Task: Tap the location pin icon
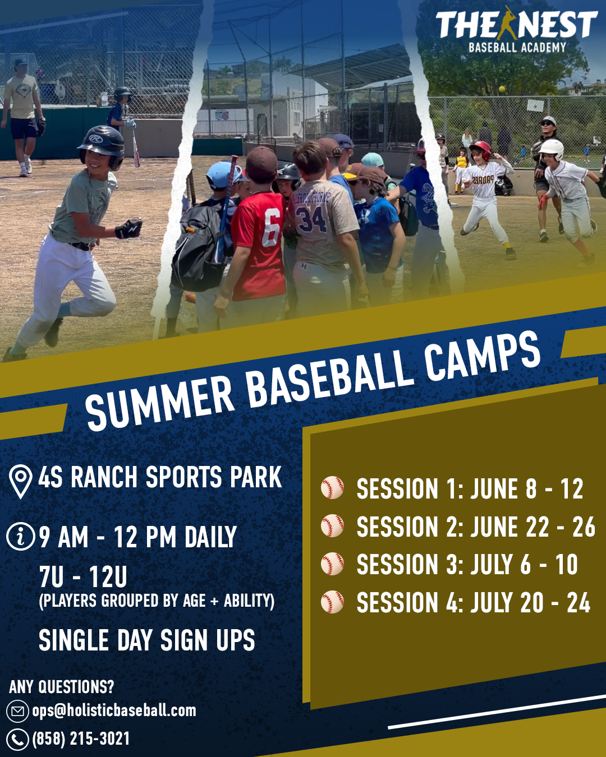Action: click(20, 481)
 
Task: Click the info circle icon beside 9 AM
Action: click(20, 536)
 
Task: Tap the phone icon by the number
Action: click(17, 740)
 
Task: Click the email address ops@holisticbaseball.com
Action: click(114, 711)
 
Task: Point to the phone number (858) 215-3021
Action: click(81, 738)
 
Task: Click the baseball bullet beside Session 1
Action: click(332, 488)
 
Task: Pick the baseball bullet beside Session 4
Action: click(332, 602)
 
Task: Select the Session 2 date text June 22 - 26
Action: click(532, 527)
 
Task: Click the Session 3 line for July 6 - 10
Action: click(467, 565)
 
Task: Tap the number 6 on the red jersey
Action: click(272, 227)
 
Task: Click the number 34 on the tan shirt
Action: click(310, 219)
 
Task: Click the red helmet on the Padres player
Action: click(481, 149)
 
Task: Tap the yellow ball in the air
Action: click(502, 89)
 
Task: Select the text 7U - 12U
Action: click(83, 578)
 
